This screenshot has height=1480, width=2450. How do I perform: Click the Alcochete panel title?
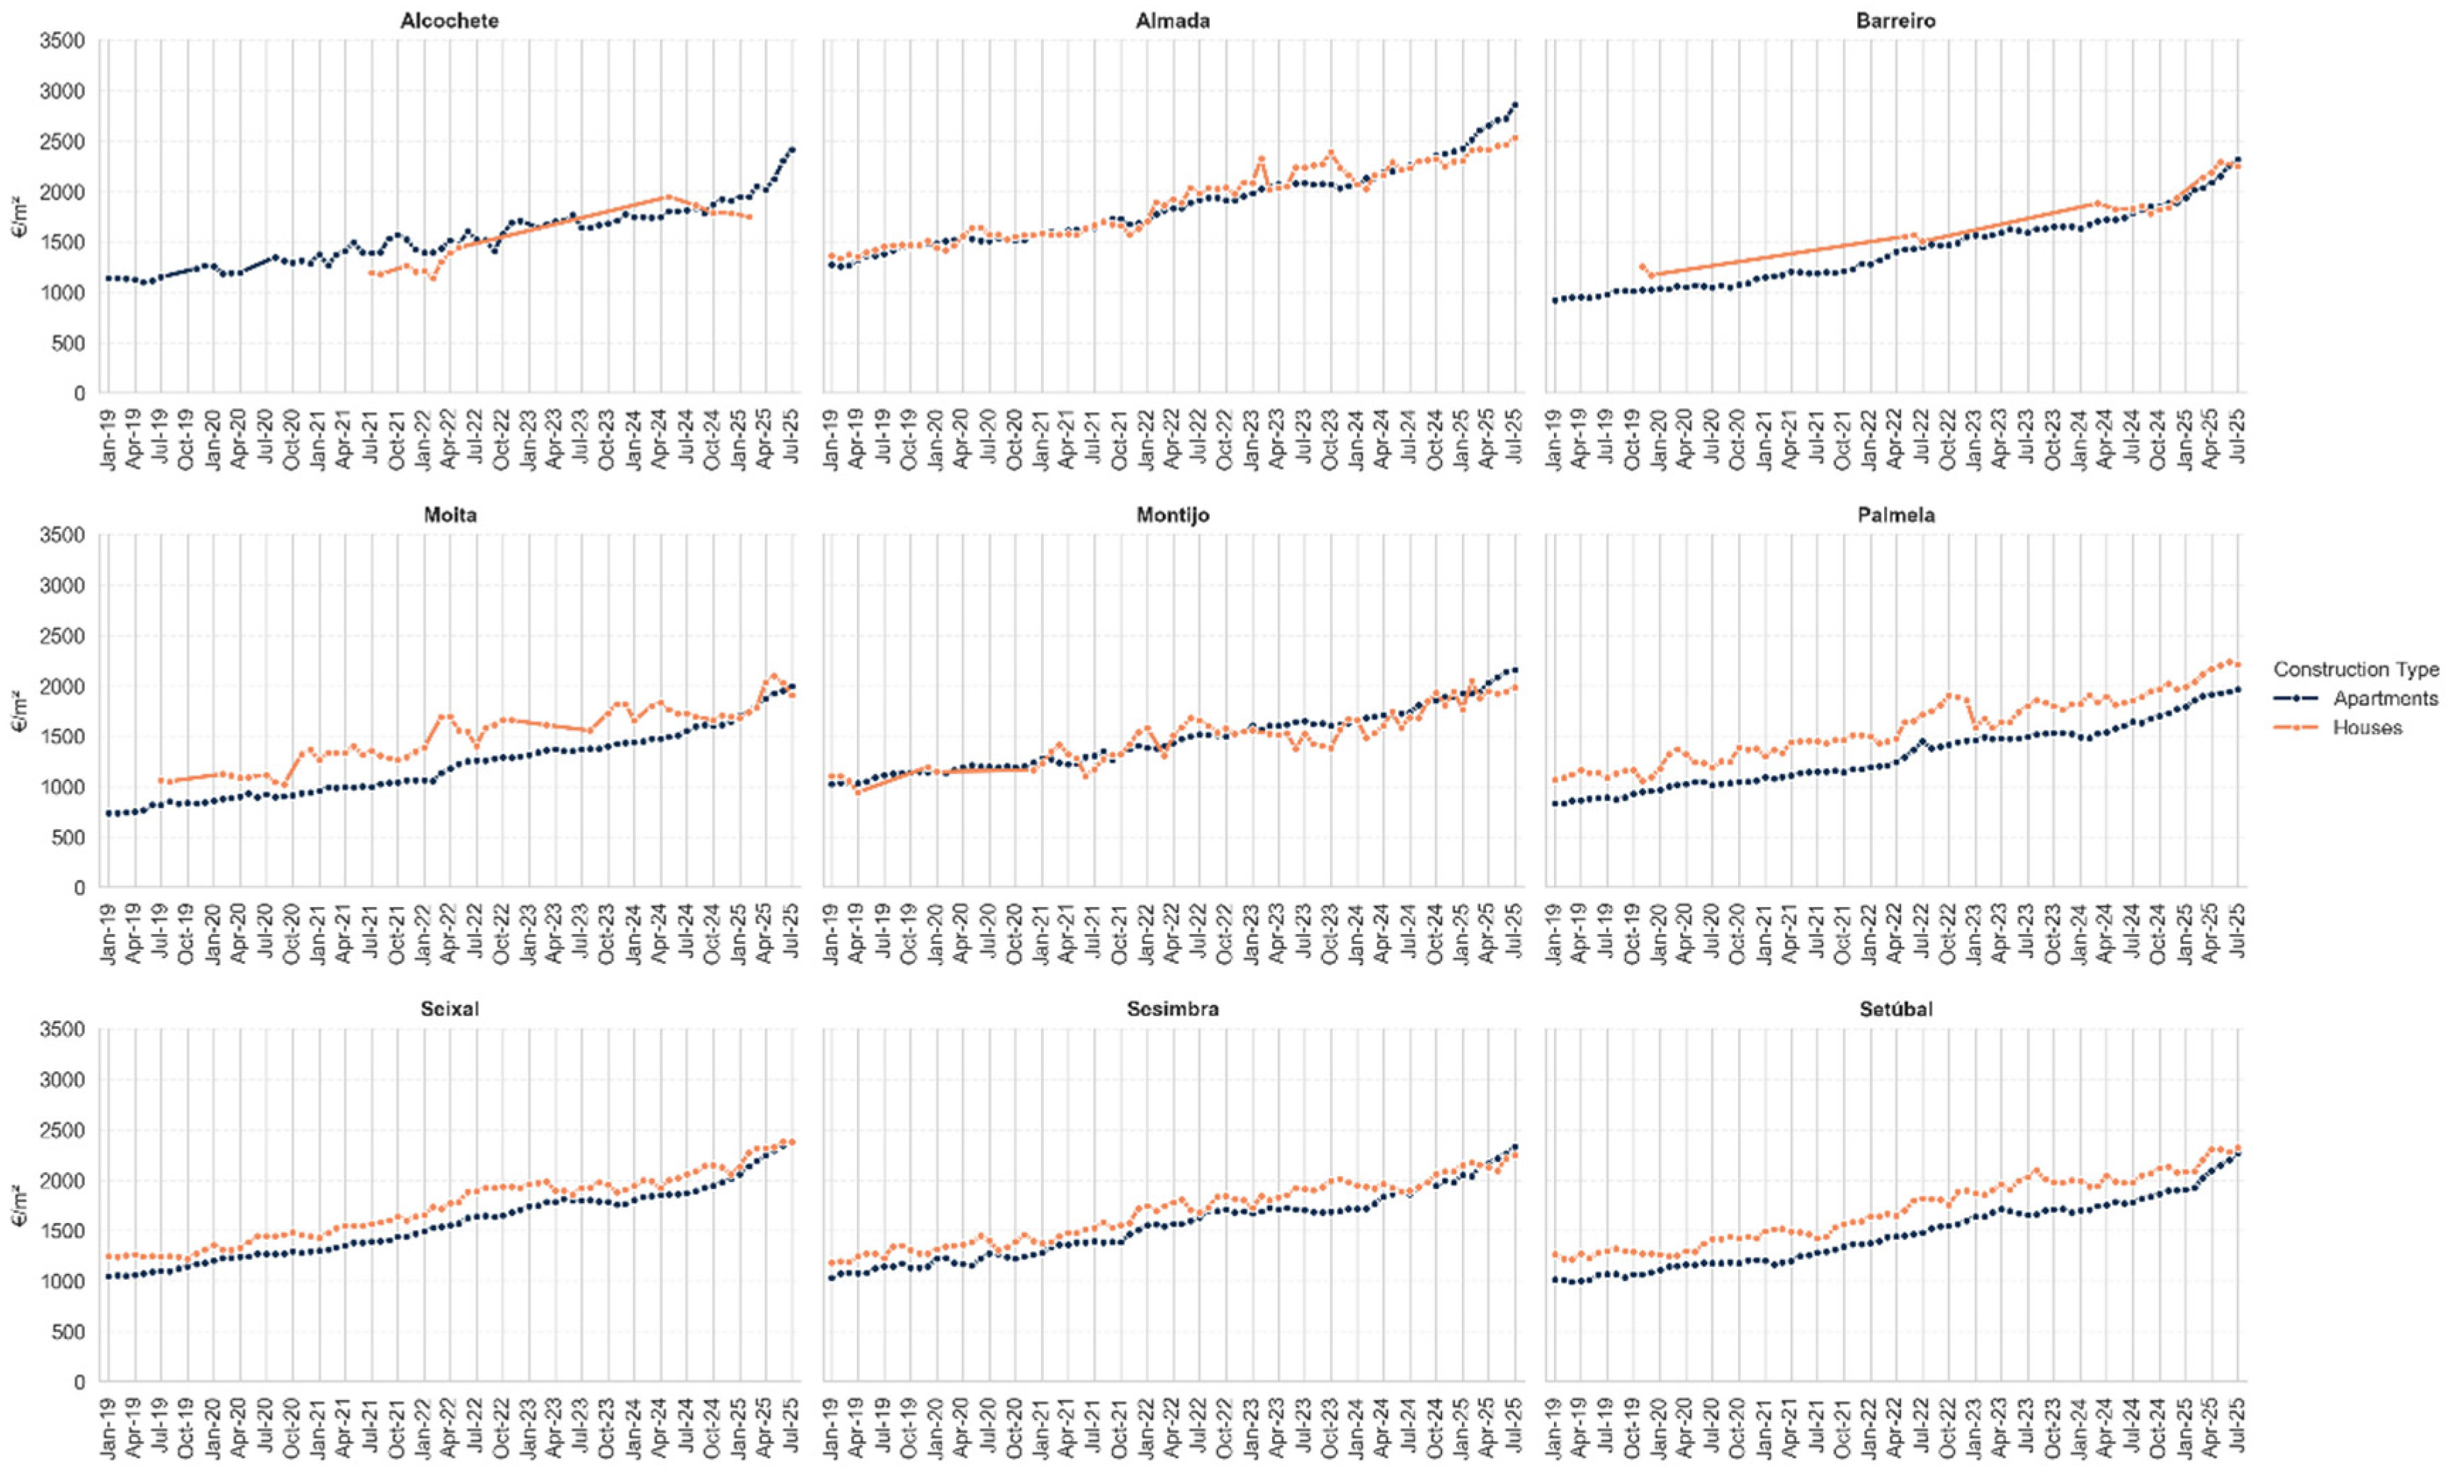coord(450,20)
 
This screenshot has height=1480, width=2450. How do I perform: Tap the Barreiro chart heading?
coord(1895,20)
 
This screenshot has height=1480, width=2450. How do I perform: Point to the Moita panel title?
coord(450,515)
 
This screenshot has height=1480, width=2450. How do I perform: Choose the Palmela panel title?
coord(1895,515)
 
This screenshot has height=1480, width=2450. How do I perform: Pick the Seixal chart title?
coord(450,1009)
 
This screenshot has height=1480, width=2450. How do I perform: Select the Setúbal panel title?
coord(1895,1009)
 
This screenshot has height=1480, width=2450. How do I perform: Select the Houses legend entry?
coord(2367,727)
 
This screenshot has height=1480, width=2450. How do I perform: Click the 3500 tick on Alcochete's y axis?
coord(62,41)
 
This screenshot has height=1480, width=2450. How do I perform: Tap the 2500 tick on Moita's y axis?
coord(62,636)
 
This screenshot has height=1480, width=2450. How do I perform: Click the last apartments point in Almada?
coord(1514,104)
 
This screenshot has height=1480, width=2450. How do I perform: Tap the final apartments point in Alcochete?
coord(791,149)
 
